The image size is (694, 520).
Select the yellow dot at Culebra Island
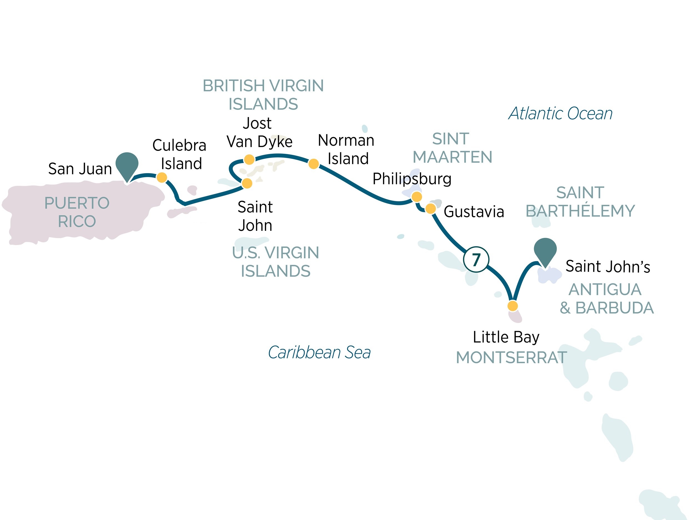tap(162, 177)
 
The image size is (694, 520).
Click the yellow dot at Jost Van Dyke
tap(249, 160)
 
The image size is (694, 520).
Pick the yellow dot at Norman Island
tap(314, 164)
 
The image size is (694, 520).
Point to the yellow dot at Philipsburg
tap(417, 197)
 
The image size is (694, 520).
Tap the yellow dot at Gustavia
tap(430, 208)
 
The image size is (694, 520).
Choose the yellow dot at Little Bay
tap(513, 306)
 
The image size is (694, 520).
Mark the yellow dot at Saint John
tap(247, 183)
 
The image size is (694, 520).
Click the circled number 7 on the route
tap(476, 259)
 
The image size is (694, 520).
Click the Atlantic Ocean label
tap(560, 113)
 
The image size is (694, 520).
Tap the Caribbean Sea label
tap(319, 352)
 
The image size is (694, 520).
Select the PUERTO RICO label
tap(77, 212)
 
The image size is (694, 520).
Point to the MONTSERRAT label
tap(511, 358)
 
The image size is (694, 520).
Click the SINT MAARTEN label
tap(452, 148)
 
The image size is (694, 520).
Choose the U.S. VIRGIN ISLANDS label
tap(275, 262)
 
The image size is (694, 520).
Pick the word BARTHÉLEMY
tap(580, 211)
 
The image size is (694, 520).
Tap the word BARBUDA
tap(614, 308)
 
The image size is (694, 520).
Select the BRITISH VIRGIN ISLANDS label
tap(263, 95)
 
